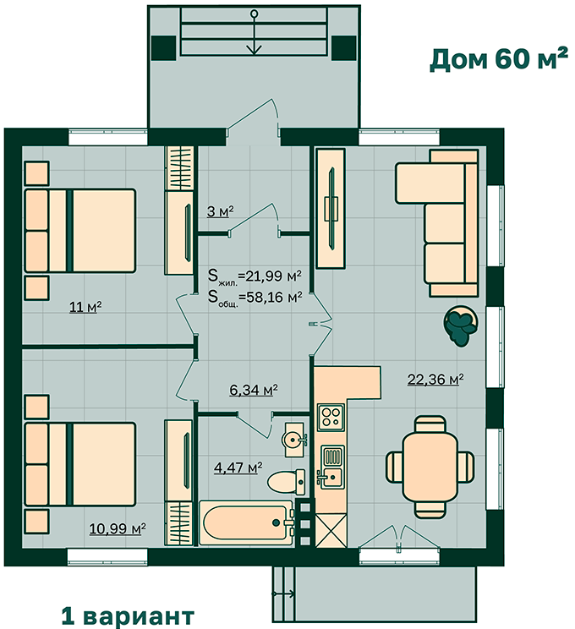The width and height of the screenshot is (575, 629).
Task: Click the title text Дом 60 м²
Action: pos(499,59)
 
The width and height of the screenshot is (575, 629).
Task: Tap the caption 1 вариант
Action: pos(128,616)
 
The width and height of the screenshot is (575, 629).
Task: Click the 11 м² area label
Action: pos(85,307)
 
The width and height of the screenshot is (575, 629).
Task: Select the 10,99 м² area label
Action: pos(118,528)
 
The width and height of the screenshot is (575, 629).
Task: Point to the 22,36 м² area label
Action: pos(435,379)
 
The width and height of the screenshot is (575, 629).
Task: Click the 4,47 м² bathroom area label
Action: pos(238,468)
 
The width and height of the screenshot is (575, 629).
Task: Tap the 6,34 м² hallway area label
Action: pos(254,390)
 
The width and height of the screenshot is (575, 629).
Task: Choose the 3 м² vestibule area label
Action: pos(221,211)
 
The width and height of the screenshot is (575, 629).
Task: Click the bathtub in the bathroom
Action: pos(247,522)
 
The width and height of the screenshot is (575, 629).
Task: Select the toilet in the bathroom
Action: pos(286,482)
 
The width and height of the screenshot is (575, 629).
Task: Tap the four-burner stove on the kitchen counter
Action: pos(331,418)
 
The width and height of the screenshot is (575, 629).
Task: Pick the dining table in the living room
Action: pos(430,467)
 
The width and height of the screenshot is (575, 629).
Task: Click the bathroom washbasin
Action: pos(295,440)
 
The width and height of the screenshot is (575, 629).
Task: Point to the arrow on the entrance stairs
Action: pos(254,32)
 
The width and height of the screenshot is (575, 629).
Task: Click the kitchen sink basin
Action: pos(331,478)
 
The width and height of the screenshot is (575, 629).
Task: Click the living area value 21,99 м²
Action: pos(270,276)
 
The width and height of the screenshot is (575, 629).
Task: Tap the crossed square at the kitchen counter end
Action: pos(331,530)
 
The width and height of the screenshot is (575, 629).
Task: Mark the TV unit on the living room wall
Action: pos(331,209)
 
